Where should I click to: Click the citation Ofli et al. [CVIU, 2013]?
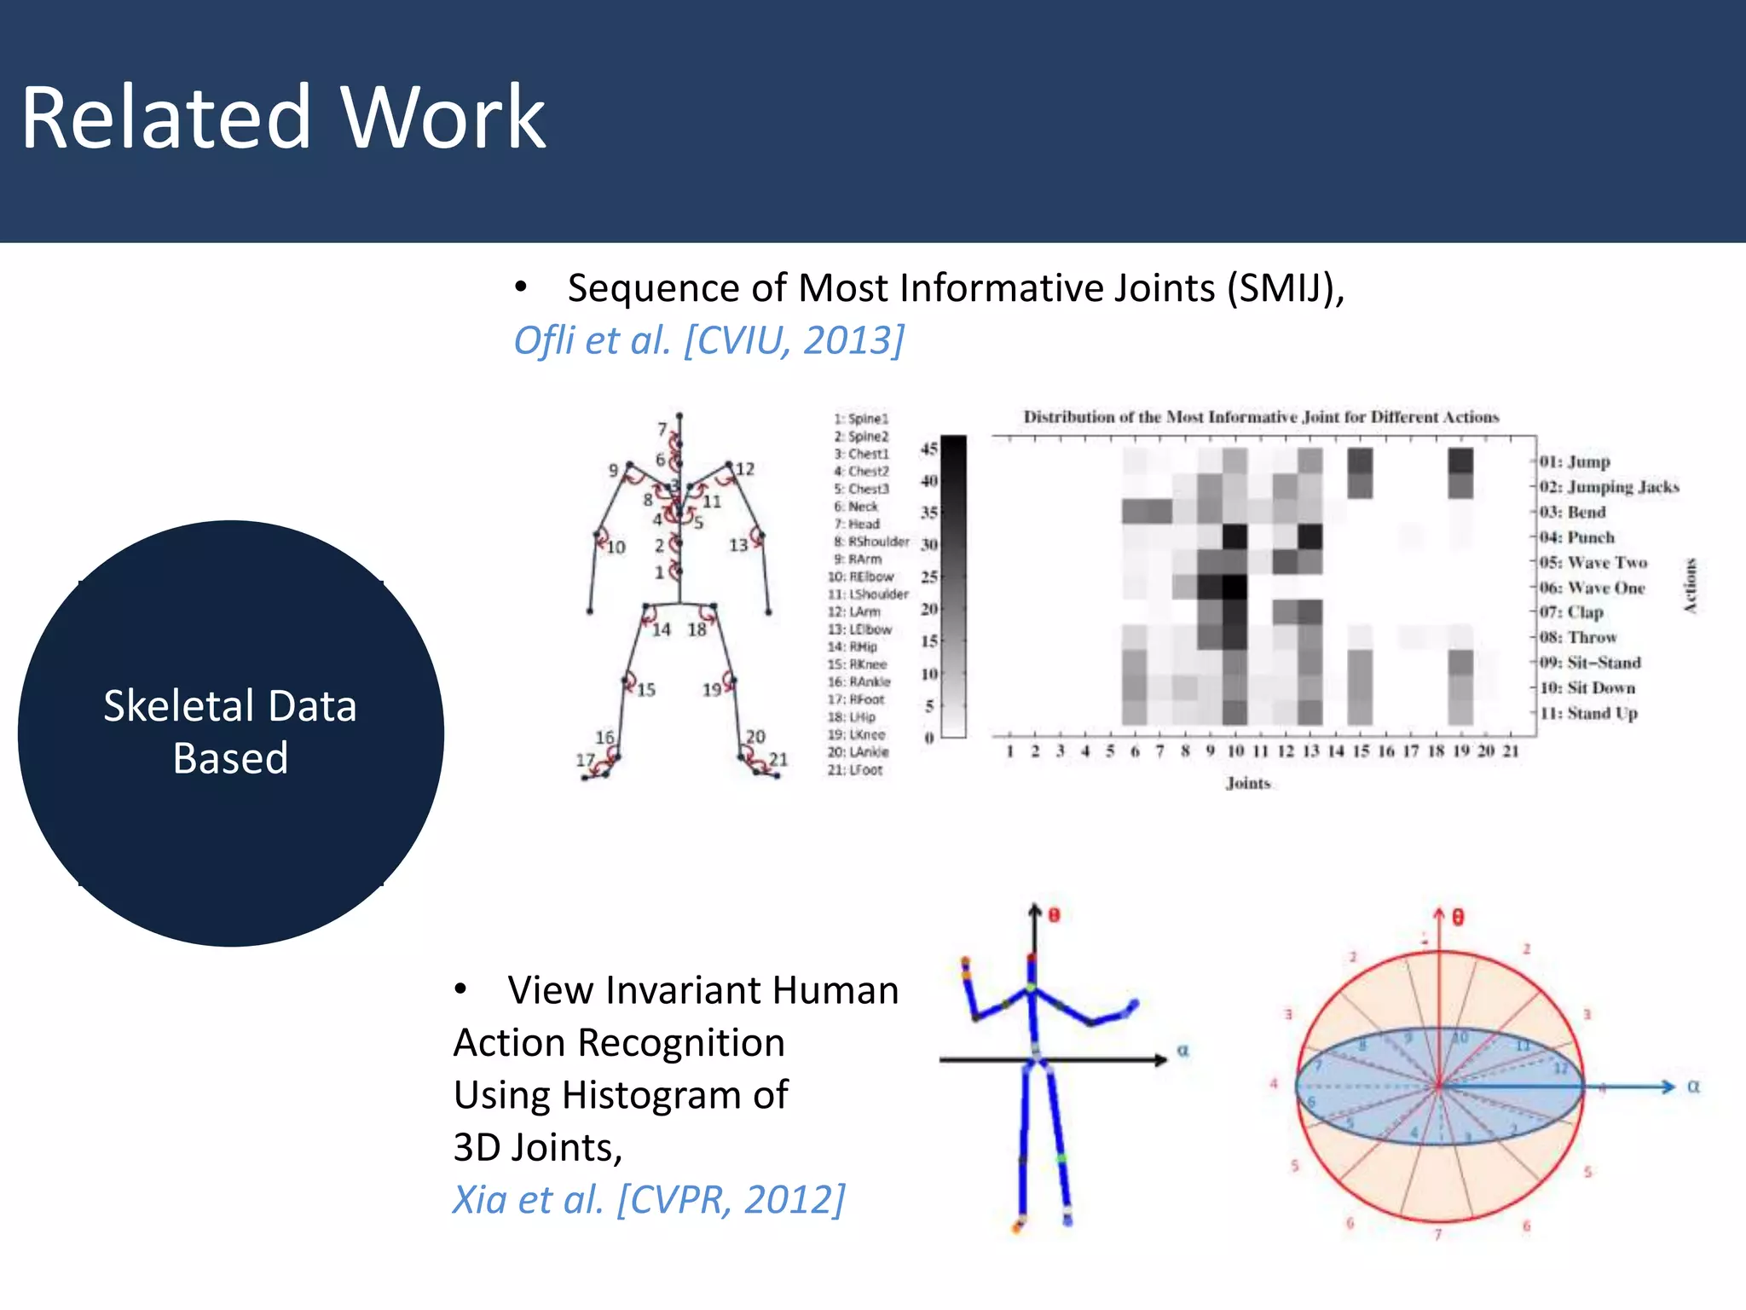(708, 340)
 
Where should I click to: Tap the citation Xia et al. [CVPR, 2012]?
(648, 1200)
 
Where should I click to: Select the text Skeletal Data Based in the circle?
(230, 732)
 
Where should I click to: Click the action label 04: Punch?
(1576, 537)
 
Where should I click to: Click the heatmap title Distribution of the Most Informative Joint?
(1260, 417)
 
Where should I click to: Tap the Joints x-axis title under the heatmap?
(1248, 783)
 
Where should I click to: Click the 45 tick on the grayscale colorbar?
(928, 448)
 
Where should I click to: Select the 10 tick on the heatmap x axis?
(1235, 751)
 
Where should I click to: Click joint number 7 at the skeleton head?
(662, 429)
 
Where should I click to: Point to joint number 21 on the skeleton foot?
(778, 759)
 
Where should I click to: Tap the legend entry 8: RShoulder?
(871, 542)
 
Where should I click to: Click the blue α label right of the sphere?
(1693, 1087)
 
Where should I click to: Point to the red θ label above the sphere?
(1458, 918)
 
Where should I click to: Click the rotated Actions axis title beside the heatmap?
(1691, 586)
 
